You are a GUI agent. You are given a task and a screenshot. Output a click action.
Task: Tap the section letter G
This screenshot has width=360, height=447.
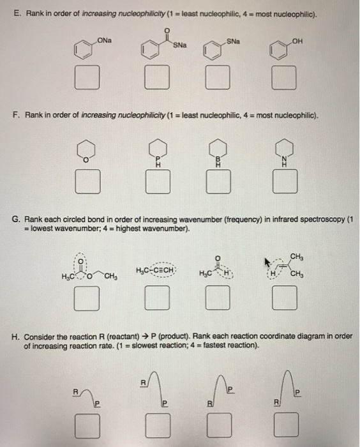click(16, 220)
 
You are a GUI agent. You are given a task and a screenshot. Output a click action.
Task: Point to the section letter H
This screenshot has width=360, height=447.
click(16, 337)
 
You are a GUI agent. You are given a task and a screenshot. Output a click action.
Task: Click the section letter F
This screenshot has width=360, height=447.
click(15, 116)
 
